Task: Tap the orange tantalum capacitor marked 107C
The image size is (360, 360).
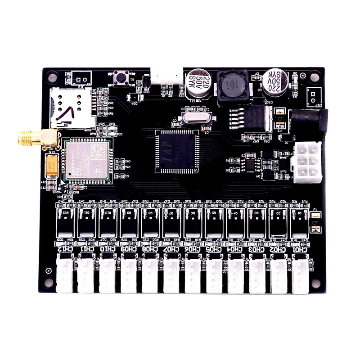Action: click(51, 165)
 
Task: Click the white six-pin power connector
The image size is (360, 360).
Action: click(307, 162)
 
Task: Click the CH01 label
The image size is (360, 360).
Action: click(300, 249)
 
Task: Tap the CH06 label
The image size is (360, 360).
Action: click(193, 249)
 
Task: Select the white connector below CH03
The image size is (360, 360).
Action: click(257, 274)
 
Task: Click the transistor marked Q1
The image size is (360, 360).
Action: click(300, 220)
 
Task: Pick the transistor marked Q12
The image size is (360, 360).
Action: click(65, 220)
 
